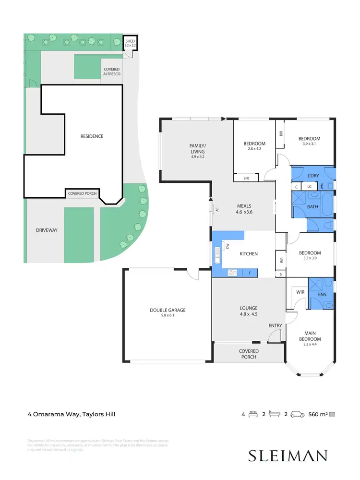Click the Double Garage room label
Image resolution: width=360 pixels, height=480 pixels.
click(x=167, y=310)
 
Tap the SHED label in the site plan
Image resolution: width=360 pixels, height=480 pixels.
click(x=130, y=41)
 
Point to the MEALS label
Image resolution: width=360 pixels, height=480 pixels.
click(x=244, y=206)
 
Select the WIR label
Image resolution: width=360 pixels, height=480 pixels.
click(x=301, y=291)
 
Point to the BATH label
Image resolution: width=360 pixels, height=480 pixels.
click(x=312, y=206)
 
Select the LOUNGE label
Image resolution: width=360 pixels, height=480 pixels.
click(x=249, y=308)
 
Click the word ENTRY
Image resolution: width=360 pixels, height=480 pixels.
click(x=275, y=326)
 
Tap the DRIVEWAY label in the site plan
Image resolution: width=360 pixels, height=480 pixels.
click(x=47, y=230)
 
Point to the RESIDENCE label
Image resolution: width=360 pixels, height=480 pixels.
click(x=91, y=136)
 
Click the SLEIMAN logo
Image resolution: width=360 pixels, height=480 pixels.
click(x=287, y=456)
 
